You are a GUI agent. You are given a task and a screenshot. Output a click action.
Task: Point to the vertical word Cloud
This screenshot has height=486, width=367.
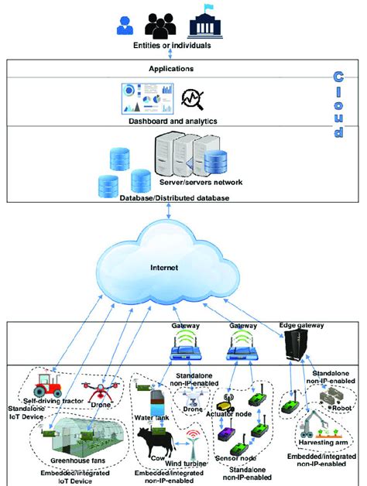pos(338,104)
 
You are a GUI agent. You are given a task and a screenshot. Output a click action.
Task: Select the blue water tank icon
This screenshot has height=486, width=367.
pos(155,408)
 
